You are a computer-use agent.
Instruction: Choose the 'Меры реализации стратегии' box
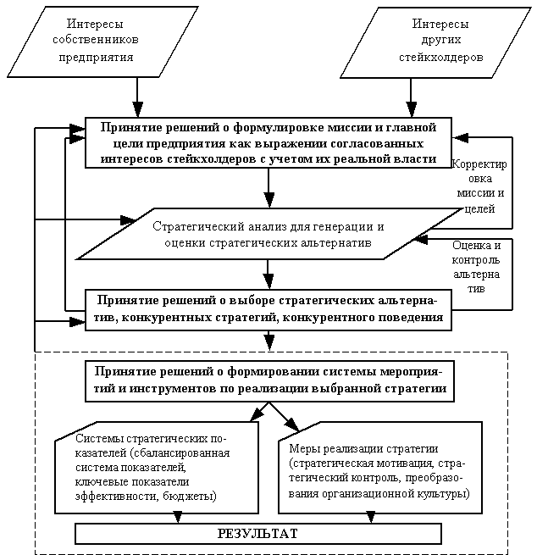[379, 470]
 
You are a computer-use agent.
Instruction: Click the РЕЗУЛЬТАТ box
[258, 534]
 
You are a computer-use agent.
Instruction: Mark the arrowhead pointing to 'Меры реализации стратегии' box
[292, 427]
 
